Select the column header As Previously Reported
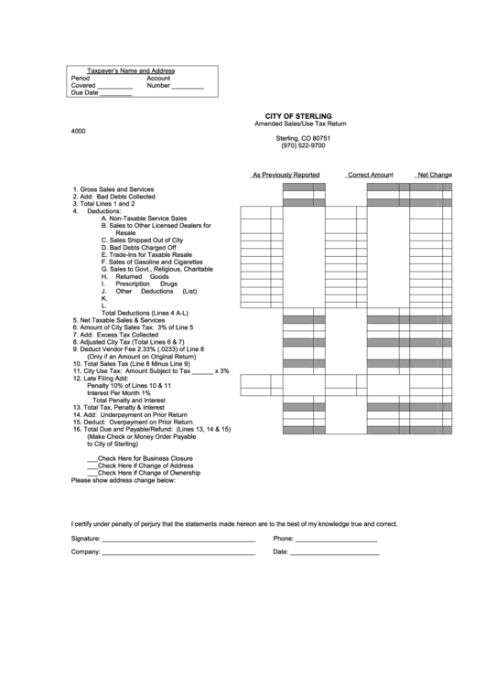tap(286, 174)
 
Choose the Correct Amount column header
tap(370, 174)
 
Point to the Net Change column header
tap(434, 174)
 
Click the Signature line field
tap(178, 540)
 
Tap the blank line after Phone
tap(336, 540)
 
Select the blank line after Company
tap(178, 553)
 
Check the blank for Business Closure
tap(92, 458)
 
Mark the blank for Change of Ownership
tap(92, 473)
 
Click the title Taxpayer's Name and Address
tap(130, 70)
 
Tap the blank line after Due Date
tap(115, 93)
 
